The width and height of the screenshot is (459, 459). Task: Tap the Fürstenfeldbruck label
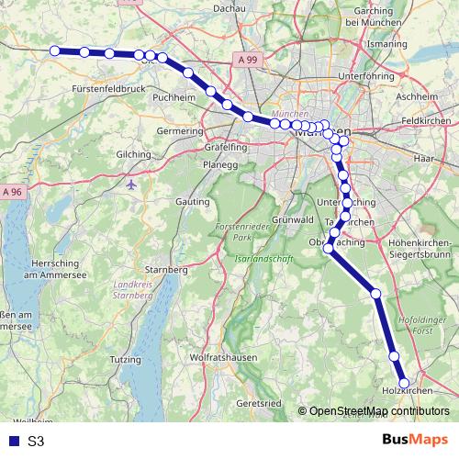click(x=108, y=89)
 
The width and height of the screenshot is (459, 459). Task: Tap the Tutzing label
click(x=122, y=362)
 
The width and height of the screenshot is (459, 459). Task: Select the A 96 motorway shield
click(x=11, y=192)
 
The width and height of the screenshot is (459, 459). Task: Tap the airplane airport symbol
click(x=132, y=184)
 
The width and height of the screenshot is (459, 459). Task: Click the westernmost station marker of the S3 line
click(x=55, y=50)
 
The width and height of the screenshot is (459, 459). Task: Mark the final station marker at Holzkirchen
click(x=403, y=383)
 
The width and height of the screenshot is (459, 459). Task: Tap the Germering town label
click(x=180, y=131)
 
